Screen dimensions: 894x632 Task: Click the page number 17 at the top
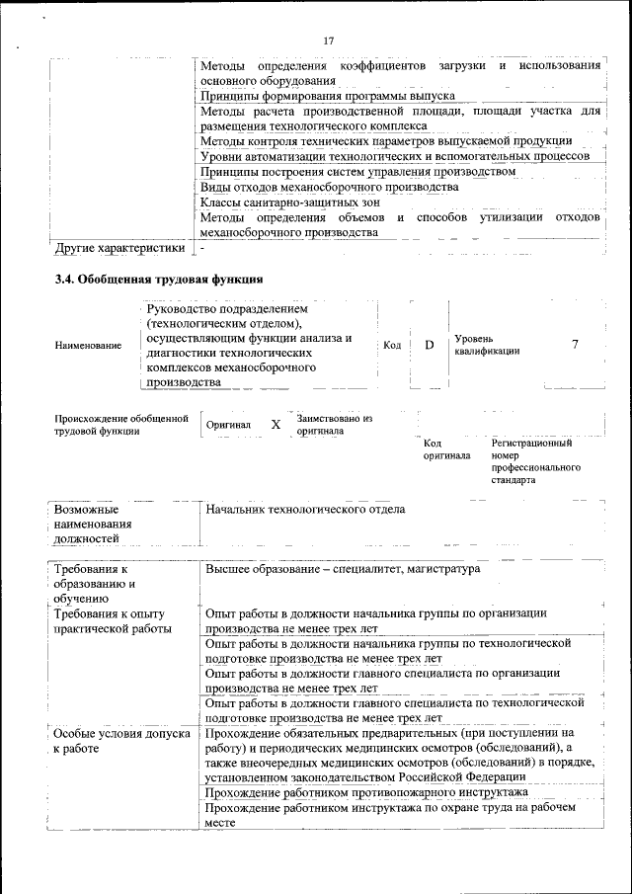click(x=329, y=41)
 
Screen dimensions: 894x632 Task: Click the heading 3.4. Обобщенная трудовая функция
click(x=158, y=281)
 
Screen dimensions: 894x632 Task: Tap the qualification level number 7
click(x=575, y=344)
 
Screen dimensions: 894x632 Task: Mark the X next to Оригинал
click(x=276, y=425)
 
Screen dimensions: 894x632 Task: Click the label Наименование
click(x=82, y=346)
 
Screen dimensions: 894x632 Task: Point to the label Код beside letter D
click(x=392, y=345)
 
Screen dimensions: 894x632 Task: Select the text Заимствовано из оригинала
click(x=334, y=425)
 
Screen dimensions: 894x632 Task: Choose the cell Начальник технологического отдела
click(x=305, y=510)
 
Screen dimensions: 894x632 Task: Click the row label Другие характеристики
click(x=119, y=247)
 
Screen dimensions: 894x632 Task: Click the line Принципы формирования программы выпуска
click(x=327, y=96)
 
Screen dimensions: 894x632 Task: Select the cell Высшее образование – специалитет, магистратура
click(x=343, y=570)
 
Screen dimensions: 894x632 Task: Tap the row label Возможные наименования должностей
click(x=100, y=524)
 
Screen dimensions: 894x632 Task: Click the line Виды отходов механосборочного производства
click(x=329, y=186)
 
